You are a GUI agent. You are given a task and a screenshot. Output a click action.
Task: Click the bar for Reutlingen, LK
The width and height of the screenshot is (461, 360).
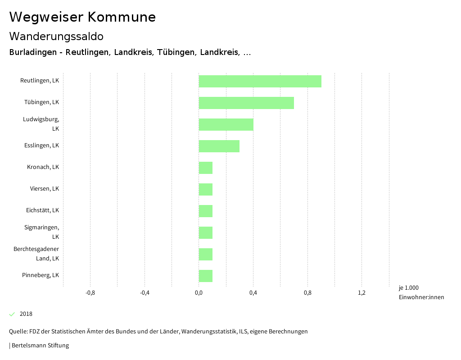(260, 81)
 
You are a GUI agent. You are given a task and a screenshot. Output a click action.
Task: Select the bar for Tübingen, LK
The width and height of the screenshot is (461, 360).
(246, 103)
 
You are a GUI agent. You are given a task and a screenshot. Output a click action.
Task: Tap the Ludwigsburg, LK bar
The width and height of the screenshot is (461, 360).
(226, 124)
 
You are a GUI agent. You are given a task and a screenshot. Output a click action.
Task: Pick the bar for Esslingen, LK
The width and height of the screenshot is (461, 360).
(219, 146)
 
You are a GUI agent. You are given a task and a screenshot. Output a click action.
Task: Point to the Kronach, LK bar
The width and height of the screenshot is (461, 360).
(205, 168)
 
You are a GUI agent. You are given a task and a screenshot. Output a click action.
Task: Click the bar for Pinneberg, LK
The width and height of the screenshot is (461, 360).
(205, 276)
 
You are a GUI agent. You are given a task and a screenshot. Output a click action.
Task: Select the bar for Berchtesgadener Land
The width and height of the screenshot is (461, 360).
(205, 254)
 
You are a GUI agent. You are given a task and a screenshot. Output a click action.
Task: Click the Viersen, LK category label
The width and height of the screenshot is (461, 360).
(45, 189)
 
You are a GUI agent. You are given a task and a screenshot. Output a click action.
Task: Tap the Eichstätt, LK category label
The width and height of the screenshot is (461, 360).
(42, 210)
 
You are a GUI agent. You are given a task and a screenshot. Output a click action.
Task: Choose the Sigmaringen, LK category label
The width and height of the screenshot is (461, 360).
(42, 232)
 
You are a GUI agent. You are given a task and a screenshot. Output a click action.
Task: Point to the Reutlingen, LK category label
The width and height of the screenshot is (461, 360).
(40, 81)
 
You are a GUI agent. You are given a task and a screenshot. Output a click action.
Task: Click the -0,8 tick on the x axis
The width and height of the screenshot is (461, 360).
(90, 293)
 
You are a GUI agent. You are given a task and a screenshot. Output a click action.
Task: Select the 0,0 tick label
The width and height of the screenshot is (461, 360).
(199, 293)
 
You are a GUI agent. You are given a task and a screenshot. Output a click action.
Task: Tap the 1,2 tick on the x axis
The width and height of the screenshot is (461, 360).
(362, 293)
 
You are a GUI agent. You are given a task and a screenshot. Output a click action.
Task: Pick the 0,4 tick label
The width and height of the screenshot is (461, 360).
(253, 293)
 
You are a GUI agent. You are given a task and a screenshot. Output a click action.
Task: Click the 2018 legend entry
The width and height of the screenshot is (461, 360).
(26, 314)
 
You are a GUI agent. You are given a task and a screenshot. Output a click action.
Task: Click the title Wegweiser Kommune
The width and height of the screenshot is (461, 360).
(82, 17)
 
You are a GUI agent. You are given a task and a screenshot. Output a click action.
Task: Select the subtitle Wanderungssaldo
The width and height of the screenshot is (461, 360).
(56, 36)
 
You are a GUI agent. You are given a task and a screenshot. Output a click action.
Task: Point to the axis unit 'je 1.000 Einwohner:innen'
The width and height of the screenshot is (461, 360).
(421, 292)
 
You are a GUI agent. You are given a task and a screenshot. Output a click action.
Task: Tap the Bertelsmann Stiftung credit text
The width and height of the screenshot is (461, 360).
(40, 346)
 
